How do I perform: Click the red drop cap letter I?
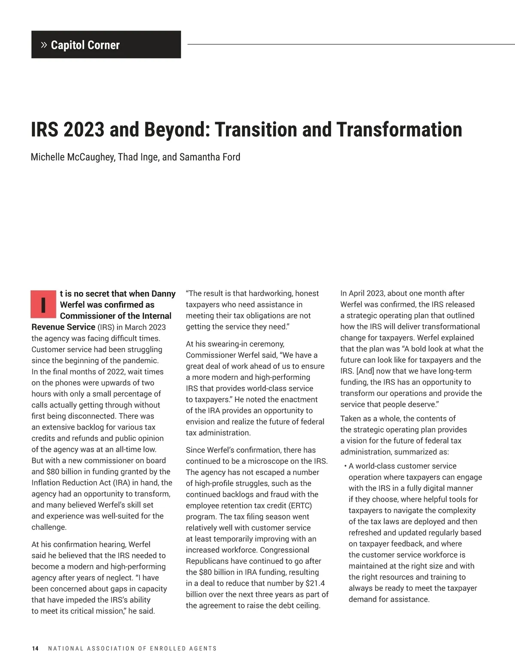coord(43,304)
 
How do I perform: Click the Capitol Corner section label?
coord(85,45)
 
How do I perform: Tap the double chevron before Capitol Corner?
coord(44,45)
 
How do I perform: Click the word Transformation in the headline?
coord(399,130)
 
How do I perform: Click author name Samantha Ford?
coord(210,157)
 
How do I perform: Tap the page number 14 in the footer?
coord(35,648)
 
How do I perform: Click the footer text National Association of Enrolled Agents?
coord(133,648)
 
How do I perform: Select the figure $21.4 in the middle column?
coord(315,583)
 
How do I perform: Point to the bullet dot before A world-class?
coord(345,466)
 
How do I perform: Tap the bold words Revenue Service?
coord(63,327)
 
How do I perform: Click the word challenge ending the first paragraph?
coord(48,527)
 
